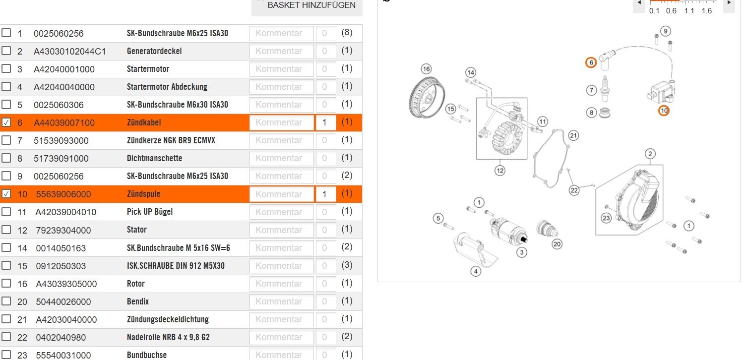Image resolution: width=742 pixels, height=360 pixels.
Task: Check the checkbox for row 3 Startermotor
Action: pyautogui.click(x=6, y=68)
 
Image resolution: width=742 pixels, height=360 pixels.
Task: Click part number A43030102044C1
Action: pyautogui.click(x=69, y=52)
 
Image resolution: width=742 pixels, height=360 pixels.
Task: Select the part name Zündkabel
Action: pyautogui.click(x=144, y=122)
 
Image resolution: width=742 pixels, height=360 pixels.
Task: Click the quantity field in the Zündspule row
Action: pyautogui.click(x=326, y=194)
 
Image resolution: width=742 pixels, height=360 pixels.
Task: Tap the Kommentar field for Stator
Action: pyautogui.click(x=281, y=230)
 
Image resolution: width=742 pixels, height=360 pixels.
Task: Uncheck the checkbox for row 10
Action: pyautogui.click(x=6, y=194)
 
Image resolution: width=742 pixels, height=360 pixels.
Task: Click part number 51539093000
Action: pyautogui.click(x=61, y=141)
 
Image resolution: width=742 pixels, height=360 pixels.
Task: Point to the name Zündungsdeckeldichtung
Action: pyautogui.click(x=168, y=319)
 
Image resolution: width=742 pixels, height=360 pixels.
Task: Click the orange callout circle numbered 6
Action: pyautogui.click(x=591, y=62)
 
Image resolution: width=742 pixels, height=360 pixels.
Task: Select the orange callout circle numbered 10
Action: pyautogui.click(x=664, y=111)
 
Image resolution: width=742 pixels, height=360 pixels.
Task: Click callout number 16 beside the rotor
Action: pyautogui.click(x=426, y=69)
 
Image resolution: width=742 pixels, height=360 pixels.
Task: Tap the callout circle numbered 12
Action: pyautogui.click(x=499, y=171)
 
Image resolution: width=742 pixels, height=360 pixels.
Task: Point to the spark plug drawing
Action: pyautogui.click(x=605, y=88)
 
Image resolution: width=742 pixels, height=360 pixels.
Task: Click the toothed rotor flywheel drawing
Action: pyautogui.click(x=427, y=98)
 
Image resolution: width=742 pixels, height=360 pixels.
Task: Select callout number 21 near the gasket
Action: pyautogui.click(x=573, y=135)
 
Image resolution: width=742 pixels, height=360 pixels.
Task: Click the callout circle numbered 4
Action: pyautogui.click(x=476, y=272)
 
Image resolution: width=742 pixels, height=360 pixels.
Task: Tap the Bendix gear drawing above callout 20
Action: pyautogui.click(x=547, y=229)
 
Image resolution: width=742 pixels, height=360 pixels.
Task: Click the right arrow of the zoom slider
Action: pyautogui.click(x=729, y=2)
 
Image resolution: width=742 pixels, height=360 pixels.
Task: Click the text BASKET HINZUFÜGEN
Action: pyautogui.click(x=311, y=5)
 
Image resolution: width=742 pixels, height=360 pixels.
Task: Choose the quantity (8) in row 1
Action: pyautogui.click(x=347, y=32)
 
